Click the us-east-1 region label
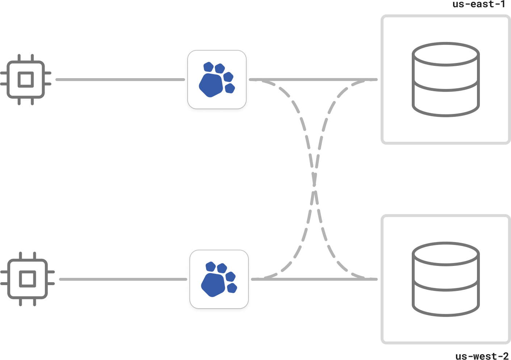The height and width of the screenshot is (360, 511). pos(478,4)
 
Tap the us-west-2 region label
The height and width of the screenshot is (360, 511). pos(482,356)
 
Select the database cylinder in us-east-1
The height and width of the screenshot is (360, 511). pos(446,80)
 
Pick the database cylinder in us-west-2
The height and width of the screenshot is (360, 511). pos(446,279)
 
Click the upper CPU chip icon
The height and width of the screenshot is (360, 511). pos(26,80)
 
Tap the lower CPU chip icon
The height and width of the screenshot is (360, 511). pos(28,279)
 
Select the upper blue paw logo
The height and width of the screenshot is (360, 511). pos(217,80)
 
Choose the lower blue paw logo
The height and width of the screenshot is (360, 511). pos(219,279)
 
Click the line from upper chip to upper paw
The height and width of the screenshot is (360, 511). pos(120,80)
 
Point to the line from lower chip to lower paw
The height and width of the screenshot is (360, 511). pos(123,279)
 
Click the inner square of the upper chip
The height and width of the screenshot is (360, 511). pos(26,80)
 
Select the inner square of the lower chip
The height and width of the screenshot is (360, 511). pos(28,279)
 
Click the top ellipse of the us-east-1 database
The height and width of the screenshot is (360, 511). pos(446,55)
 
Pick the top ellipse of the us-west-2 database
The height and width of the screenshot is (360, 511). pos(446,254)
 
